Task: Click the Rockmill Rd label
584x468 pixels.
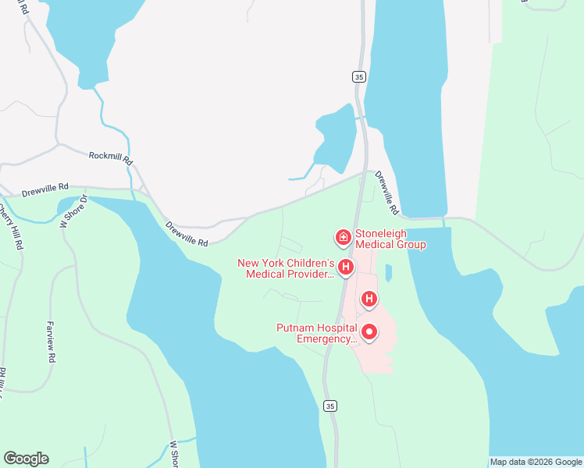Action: tap(111, 157)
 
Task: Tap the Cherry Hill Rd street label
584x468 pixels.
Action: tap(10, 226)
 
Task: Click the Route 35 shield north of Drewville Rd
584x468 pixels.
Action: tap(358, 76)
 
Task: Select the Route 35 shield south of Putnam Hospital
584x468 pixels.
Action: tap(330, 406)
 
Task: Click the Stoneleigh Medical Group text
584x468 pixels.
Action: tap(390, 239)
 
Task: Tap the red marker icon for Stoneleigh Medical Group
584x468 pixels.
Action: tap(342, 236)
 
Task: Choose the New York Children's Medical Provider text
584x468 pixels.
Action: tap(286, 268)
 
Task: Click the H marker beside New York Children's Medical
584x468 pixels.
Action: tap(345, 268)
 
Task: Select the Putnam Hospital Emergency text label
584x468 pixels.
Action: tap(316, 333)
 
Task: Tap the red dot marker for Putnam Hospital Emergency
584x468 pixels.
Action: tap(369, 333)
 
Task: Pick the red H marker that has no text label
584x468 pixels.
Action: tap(369, 299)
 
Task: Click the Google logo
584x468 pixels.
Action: tap(26, 459)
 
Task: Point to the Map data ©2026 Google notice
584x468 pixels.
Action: tap(536, 463)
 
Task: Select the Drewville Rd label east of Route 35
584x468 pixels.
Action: tap(386, 193)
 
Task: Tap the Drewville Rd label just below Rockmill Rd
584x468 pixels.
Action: tap(187, 233)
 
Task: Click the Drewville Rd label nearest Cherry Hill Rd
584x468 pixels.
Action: tap(45, 189)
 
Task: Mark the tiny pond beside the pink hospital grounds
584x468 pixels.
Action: tap(388, 273)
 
